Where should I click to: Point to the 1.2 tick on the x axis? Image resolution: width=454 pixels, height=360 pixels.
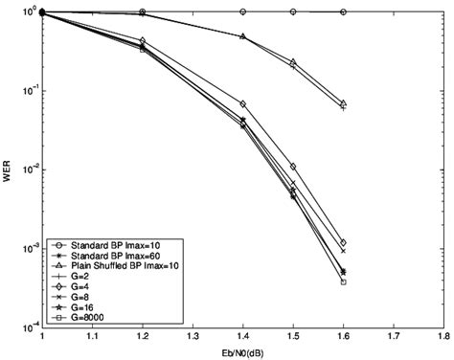[x=143, y=338]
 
